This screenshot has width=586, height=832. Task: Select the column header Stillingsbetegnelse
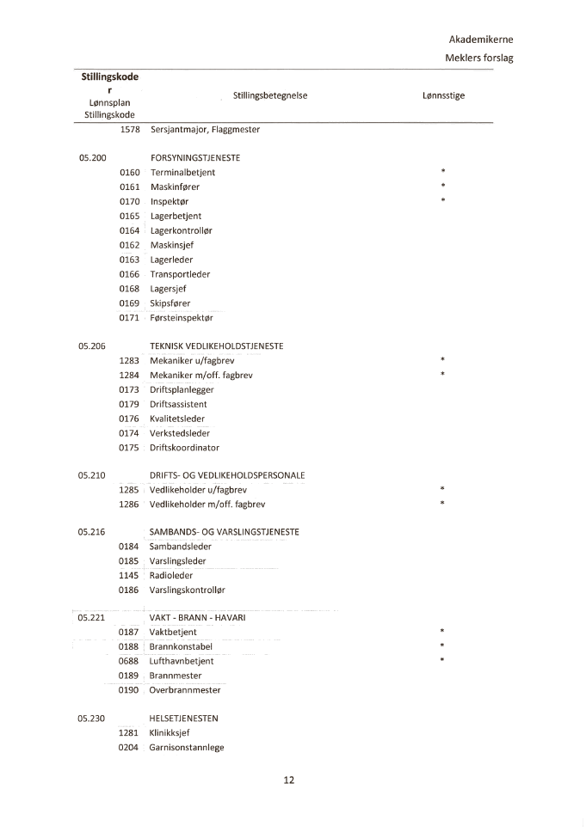tap(269, 95)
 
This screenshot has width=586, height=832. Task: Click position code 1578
tap(130, 129)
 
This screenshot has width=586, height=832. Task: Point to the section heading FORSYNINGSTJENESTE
tap(194, 158)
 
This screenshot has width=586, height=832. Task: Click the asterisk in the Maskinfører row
tap(442, 187)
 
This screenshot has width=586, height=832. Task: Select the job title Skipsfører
tap(170, 303)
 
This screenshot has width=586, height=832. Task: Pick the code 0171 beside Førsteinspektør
tap(129, 318)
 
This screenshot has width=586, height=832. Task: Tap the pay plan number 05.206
tap(91, 346)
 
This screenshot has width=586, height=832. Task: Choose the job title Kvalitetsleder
tap(177, 419)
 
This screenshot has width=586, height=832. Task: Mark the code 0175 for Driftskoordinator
tap(129, 448)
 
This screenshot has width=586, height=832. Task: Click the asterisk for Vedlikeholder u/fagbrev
tap(442, 490)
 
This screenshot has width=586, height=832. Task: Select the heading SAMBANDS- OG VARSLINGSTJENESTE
tap(224, 532)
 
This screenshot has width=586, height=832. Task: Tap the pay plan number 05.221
tap(91, 617)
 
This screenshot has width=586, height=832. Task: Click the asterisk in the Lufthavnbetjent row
tap(442, 661)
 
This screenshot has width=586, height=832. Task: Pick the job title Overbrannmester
tap(184, 690)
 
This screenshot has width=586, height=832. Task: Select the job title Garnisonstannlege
tap(187, 748)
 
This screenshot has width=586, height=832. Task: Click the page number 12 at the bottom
tap(288, 780)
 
